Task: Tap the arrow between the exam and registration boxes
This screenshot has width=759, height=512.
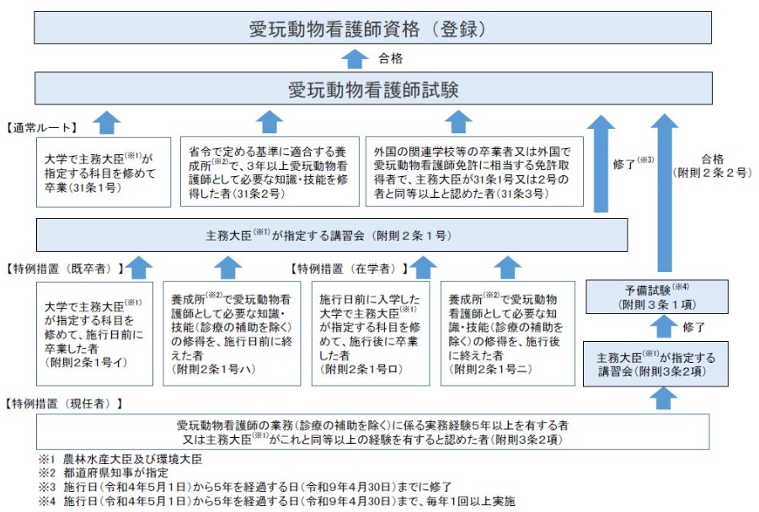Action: [356, 60]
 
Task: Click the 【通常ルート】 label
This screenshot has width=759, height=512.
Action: [41, 128]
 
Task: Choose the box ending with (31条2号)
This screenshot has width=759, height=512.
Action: [270, 171]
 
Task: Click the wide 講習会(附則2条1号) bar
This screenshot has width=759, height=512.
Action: [333, 235]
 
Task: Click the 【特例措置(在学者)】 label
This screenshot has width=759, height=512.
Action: [348, 269]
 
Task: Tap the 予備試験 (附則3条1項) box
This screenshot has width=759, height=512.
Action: [655, 296]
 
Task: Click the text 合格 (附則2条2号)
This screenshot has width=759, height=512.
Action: [712, 165]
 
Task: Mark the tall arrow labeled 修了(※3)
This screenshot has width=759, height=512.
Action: [601, 164]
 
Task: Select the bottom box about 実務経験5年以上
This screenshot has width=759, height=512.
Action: [371, 431]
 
